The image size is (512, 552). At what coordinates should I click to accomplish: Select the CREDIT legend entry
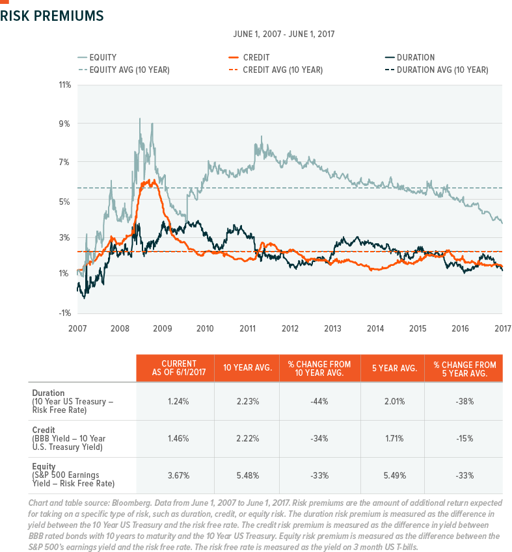tap(256, 57)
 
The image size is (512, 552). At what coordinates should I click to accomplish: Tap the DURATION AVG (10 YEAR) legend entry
tap(442, 70)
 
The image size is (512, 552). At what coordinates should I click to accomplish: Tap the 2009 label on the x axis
tap(163, 327)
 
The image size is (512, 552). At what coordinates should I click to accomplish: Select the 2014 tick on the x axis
tap(375, 327)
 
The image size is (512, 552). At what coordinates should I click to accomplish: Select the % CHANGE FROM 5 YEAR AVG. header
tap(463, 369)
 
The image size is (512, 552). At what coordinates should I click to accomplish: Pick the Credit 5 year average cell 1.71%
tap(392, 439)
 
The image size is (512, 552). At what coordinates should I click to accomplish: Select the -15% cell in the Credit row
tap(463, 439)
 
